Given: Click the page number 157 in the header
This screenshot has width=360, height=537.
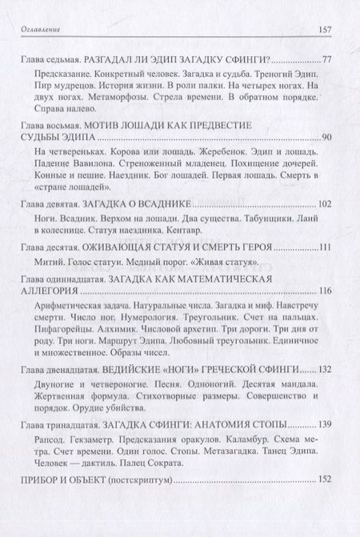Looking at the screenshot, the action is click(x=326, y=31).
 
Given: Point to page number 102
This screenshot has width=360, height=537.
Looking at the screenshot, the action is click(x=324, y=204).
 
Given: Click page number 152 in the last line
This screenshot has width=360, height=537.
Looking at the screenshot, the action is click(x=324, y=482).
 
